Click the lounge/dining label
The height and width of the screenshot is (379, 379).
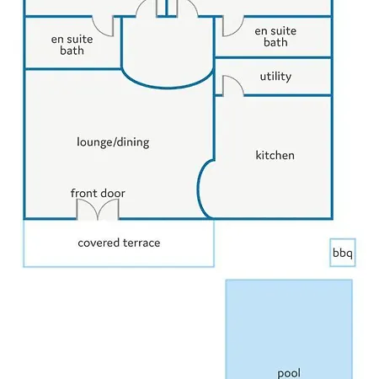click(x=113, y=142)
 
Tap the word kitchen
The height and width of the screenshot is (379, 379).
click(x=275, y=155)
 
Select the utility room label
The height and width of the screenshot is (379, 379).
click(x=275, y=77)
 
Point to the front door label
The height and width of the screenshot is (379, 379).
click(x=98, y=193)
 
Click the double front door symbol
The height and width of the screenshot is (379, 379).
click(x=98, y=209)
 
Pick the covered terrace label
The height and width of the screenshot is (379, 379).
click(x=119, y=243)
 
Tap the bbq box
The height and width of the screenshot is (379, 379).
click(x=343, y=253)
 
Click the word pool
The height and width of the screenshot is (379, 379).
click(x=289, y=373)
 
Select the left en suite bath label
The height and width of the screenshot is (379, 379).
click(x=72, y=45)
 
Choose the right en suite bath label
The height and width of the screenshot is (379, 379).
click(x=275, y=36)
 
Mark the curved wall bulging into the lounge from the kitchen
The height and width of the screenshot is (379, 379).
click(x=198, y=189)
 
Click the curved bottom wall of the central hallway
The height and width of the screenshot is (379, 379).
click(x=168, y=88)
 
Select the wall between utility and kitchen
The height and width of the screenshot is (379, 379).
click(x=288, y=95)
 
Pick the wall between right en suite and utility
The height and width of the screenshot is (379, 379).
click(x=273, y=58)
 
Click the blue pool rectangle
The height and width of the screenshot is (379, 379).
click(x=289, y=329)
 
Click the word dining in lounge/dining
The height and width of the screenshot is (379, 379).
click(x=133, y=142)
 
